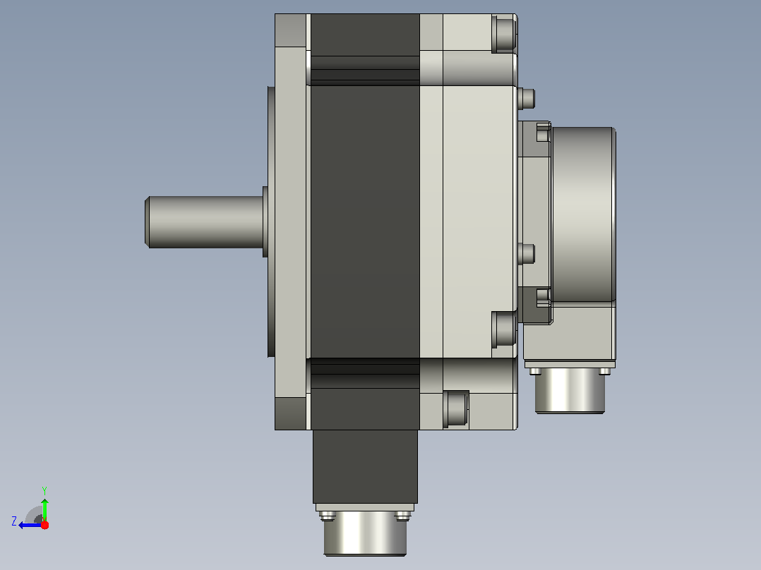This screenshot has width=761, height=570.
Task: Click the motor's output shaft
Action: pyautogui.click(x=205, y=222)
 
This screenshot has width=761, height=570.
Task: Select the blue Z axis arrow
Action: pyautogui.click(x=30, y=525)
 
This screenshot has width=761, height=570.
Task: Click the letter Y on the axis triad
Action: pyautogui.click(x=44, y=490)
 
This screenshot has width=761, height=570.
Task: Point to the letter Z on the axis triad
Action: pyautogui.click(x=14, y=521)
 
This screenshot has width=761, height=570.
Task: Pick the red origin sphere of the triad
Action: pyautogui.click(x=44, y=525)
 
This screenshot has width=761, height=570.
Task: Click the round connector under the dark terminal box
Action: pyautogui.click(x=365, y=533)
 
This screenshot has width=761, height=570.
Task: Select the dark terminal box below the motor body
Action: pyautogui.click(x=365, y=466)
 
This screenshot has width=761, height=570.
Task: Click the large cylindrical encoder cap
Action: pyautogui.click(x=584, y=214)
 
